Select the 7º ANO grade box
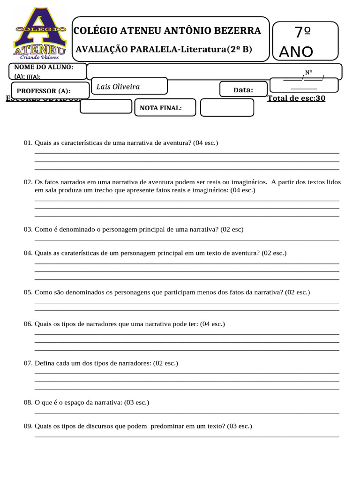point(305,41)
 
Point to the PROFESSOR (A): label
point(44,91)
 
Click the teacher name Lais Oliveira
point(118,87)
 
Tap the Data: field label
point(243,90)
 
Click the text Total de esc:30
point(296,98)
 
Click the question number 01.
point(27,142)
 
